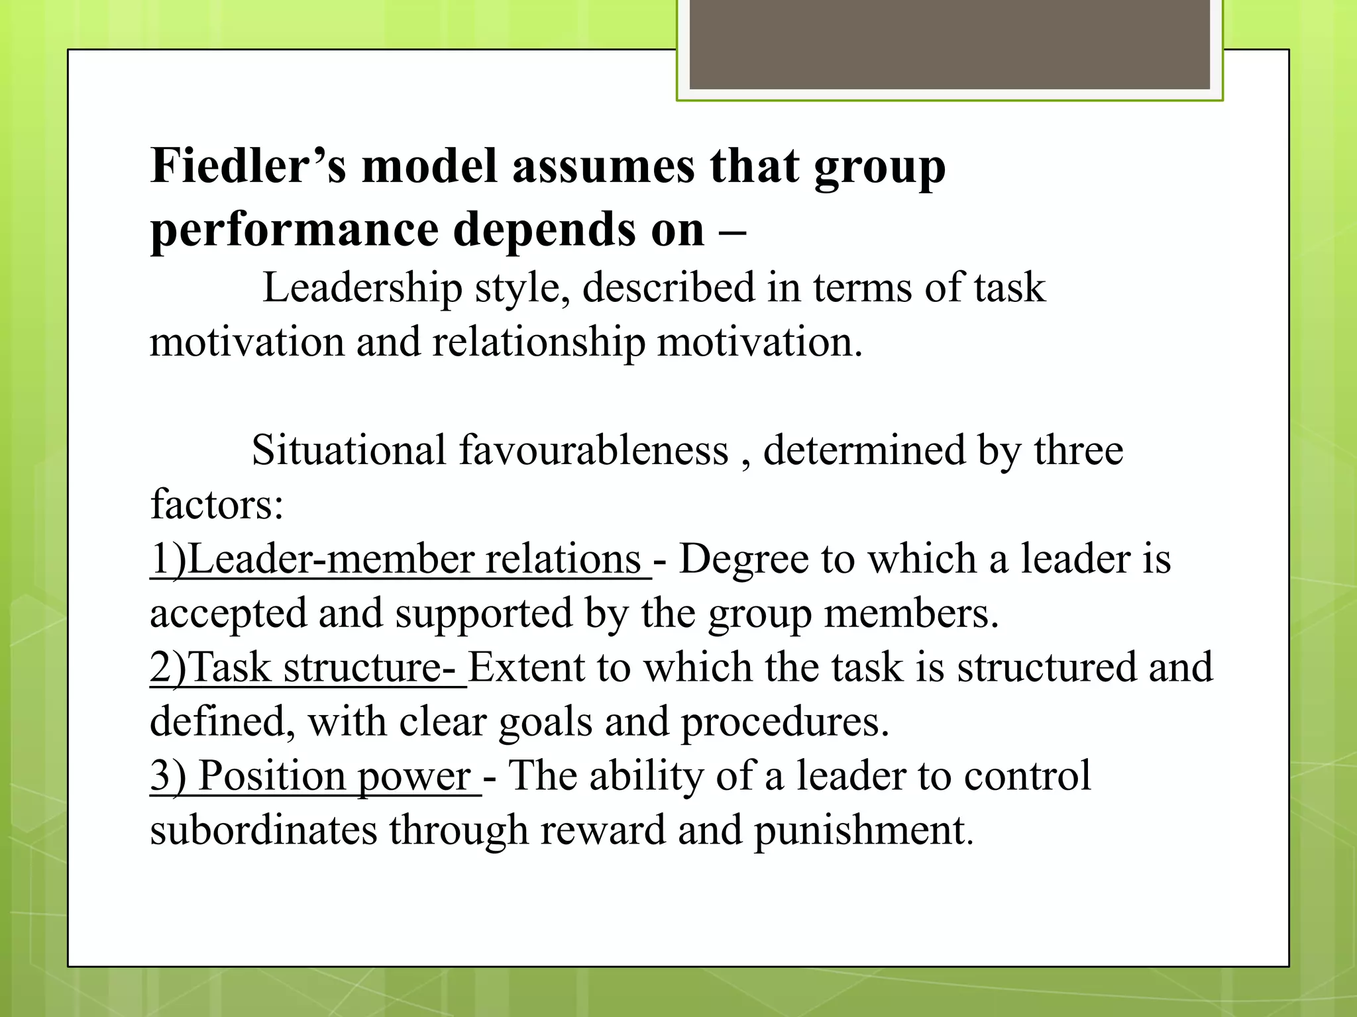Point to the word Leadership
362,288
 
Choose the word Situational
349,450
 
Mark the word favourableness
594,450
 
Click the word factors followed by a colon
217,505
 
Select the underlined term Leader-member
331,559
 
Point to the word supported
484,613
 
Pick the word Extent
526,667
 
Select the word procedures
785,722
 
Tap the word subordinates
263,830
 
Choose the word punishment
863,830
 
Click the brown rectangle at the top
950,44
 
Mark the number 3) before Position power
168,776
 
